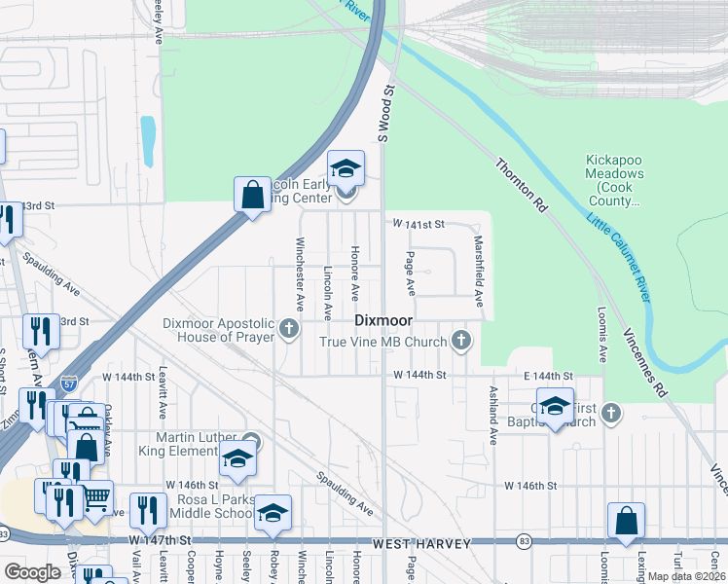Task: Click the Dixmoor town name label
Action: tap(383, 320)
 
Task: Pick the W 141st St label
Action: tap(419, 224)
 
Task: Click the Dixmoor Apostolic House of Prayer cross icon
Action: tap(289, 329)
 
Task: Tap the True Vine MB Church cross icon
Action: tap(461, 341)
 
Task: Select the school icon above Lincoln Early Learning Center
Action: tap(346, 169)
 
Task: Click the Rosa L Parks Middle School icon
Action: tap(273, 512)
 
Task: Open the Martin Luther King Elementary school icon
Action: tap(237, 459)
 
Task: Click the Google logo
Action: tap(32, 571)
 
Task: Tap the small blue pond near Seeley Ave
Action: tap(147, 141)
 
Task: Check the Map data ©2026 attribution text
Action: tap(686, 576)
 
